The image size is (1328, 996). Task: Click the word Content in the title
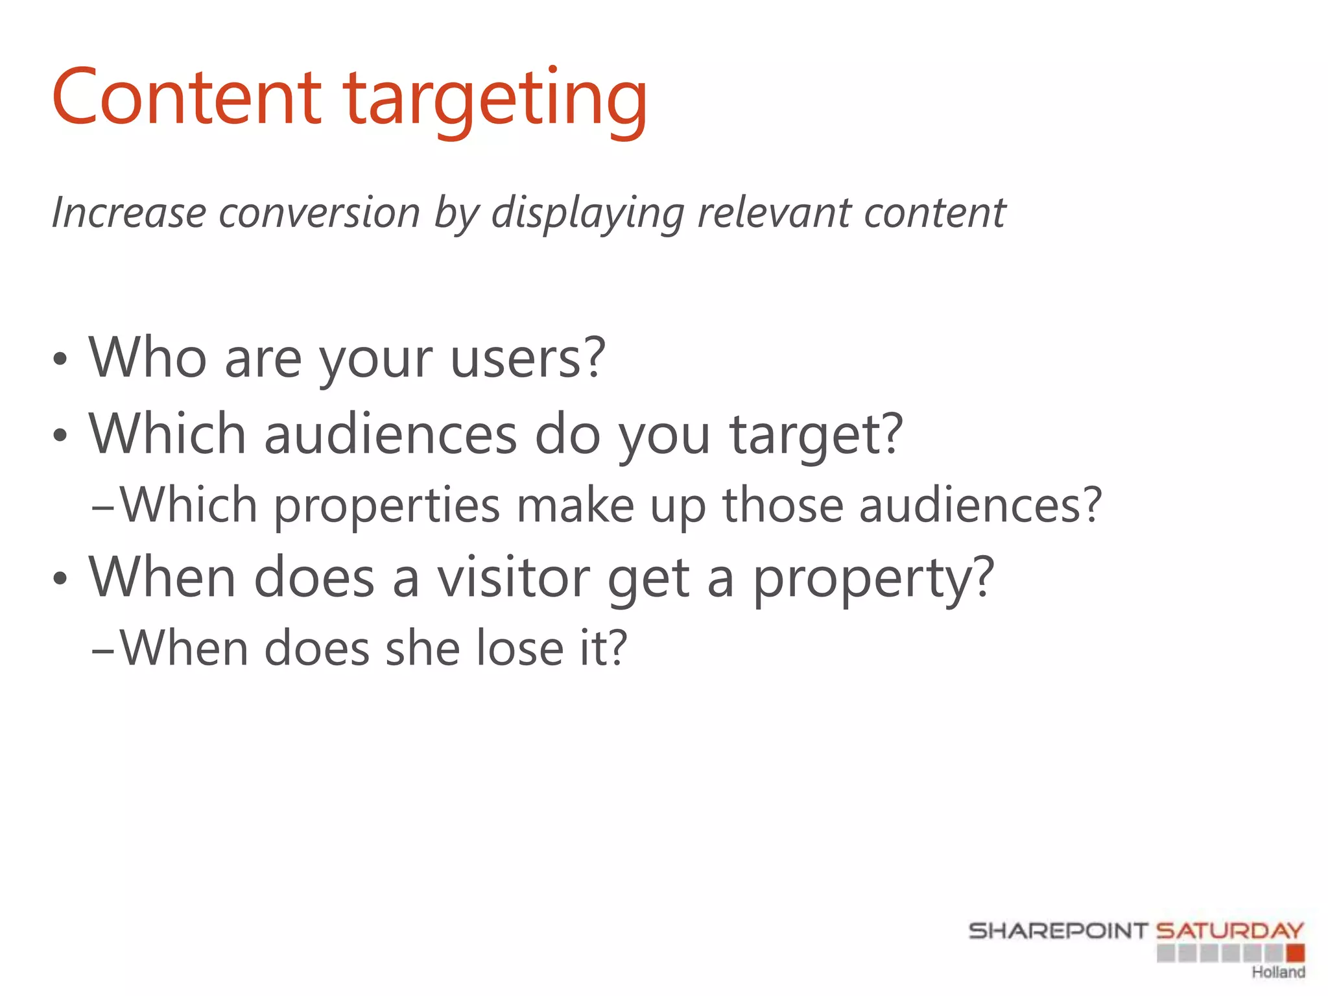[187, 97]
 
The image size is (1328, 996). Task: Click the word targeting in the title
[495, 101]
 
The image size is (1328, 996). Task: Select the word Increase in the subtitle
[128, 213]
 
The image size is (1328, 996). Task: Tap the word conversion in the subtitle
[320, 213]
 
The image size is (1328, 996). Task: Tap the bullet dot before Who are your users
[60, 359]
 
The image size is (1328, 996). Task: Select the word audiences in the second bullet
[390, 434]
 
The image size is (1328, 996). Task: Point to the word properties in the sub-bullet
[386, 506]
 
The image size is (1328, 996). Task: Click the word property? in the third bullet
[873, 579]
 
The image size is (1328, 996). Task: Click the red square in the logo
[1295, 953]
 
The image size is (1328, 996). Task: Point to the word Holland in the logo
[1278, 972]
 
